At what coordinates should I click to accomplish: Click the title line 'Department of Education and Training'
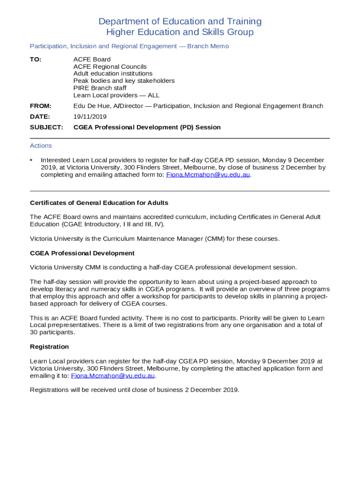(x=180, y=22)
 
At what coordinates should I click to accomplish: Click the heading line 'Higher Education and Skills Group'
(x=180, y=32)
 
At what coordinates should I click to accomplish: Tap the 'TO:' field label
(x=36, y=59)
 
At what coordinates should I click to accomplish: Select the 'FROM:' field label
(x=41, y=106)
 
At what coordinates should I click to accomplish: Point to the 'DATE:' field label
(x=40, y=116)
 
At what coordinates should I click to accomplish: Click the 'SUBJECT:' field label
(x=46, y=127)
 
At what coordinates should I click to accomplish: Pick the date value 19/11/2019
(x=90, y=116)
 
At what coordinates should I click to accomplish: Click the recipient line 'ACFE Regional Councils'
(x=110, y=67)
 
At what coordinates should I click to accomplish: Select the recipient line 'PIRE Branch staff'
(x=100, y=88)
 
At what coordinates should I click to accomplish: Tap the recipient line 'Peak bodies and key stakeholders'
(x=124, y=81)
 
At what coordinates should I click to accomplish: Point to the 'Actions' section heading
(x=41, y=146)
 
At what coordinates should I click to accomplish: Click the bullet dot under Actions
(x=31, y=160)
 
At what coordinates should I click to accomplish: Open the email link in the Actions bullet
(x=208, y=175)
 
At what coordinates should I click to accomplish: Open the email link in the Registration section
(x=113, y=376)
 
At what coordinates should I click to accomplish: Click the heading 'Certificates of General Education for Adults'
(x=99, y=203)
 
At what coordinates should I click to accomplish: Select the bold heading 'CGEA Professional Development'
(x=82, y=253)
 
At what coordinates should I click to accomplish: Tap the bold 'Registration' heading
(x=49, y=347)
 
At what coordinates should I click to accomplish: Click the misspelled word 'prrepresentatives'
(x=73, y=325)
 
